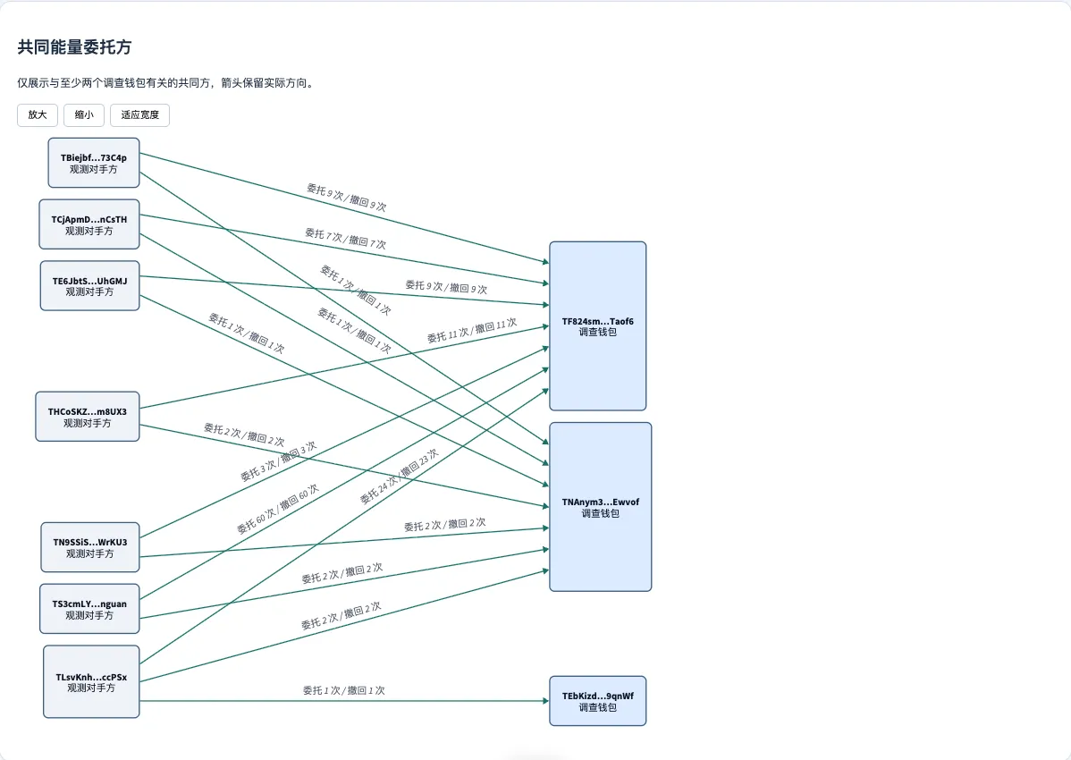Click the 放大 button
click(x=38, y=114)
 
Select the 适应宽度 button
click(x=140, y=114)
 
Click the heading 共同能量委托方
click(x=74, y=47)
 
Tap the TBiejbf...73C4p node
click(x=94, y=163)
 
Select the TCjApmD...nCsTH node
click(x=89, y=224)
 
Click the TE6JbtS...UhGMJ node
click(x=89, y=285)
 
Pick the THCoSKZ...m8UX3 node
click(x=88, y=417)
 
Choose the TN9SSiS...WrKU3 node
click(x=90, y=547)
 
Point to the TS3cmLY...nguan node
click(x=89, y=608)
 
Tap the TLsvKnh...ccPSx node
click(x=91, y=681)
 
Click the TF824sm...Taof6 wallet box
click(x=598, y=325)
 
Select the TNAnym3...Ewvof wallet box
click(x=601, y=507)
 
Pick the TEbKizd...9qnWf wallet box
click(x=598, y=701)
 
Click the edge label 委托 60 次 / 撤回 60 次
click(x=277, y=510)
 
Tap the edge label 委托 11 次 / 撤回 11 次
click(x=472, y=330)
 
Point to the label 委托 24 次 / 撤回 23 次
click(x=399, y=476)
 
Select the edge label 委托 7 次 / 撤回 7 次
click(x=346, y=239)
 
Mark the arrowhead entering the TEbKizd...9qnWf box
click(x=545, y=701)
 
